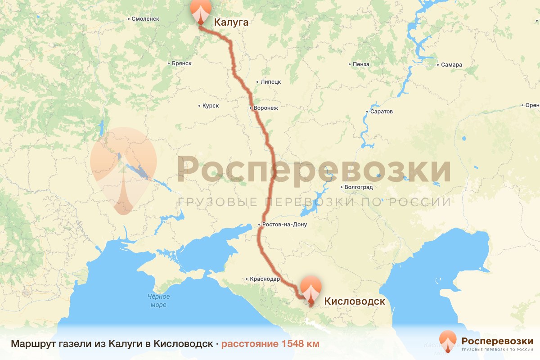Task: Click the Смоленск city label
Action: (x=145, y=19)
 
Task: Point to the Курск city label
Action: (x=210, y=106)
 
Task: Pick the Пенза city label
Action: (x=361, y=64)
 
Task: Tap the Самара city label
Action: (x=451, y=65)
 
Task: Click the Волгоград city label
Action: (x=356, y=187)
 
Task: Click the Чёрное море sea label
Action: (x=158, y=301)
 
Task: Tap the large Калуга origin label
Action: (x=231, y=22)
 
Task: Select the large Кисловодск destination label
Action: (x=355, y=301)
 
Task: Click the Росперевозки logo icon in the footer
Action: (x=448, y=342)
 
